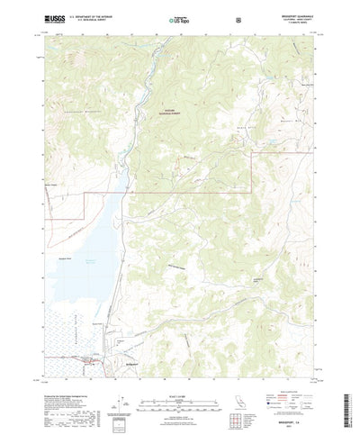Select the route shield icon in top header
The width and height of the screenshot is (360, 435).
tap(237, 18)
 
